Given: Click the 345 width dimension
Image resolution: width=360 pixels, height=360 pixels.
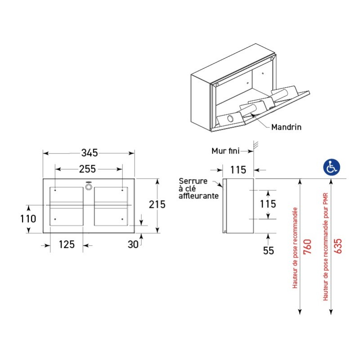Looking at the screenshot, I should [89, 153].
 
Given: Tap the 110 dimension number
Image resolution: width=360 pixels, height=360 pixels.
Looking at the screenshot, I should [28, 219].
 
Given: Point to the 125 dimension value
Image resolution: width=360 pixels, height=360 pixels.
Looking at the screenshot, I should [67, 245].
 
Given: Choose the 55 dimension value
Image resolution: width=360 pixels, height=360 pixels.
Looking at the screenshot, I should [269, 251].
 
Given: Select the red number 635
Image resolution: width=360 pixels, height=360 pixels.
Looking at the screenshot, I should [337, 247].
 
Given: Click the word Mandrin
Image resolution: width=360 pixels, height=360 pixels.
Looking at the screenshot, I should [286, 127].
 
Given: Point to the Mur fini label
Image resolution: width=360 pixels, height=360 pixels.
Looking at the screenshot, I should [226, 151].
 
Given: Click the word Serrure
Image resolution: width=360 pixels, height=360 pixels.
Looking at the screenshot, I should [193, 181].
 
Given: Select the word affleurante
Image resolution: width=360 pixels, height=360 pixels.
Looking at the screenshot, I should [199, 196].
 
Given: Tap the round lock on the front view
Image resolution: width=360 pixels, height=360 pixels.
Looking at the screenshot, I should [89, 185].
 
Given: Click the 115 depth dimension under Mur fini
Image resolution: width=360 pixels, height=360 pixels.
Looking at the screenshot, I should [238, 170].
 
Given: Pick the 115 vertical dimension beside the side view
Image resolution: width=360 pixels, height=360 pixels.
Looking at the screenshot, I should [269, 204].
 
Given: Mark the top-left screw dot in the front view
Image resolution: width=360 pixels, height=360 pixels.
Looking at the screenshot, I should [55, 190].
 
